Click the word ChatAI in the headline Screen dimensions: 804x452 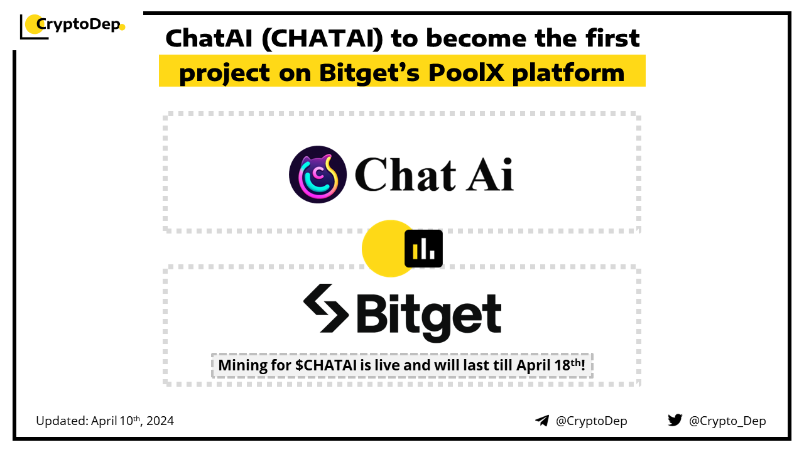pos(209,38)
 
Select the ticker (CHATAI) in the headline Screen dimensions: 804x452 pos(322,39)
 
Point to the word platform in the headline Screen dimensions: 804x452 pos(568,73)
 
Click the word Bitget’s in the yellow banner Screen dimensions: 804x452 pos(369,73)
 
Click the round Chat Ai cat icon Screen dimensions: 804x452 pos(318,175)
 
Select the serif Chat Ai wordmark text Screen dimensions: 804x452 pos(434,175)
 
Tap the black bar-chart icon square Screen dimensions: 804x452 pos(423,249)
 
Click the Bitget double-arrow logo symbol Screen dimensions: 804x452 pos(326,308)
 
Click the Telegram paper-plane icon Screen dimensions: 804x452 pos(542,421)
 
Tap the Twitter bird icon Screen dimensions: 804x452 pos(675,420)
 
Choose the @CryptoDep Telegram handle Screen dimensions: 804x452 pos(591,421)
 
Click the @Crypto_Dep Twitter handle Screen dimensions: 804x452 pos(727,421)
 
